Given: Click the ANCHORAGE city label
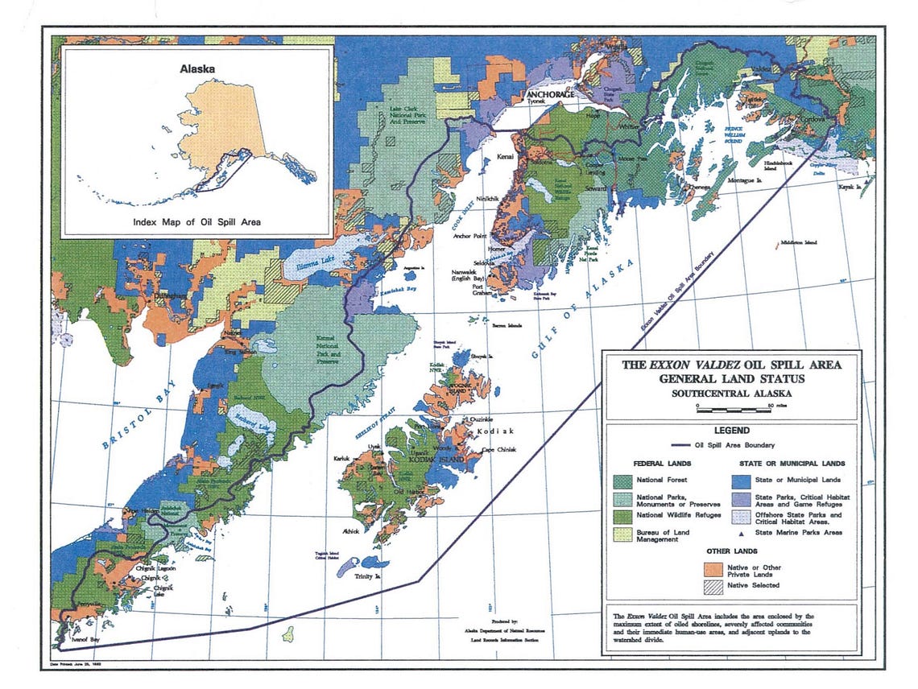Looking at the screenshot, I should click(x=552, y=94).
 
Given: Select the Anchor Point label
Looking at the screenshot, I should click(x=474, y=236).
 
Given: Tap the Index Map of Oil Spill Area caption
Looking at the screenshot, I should click(x=196, y=221).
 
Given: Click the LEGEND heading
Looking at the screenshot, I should click(x=731, y=431).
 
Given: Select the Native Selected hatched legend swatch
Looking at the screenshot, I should click(x=715, y=585).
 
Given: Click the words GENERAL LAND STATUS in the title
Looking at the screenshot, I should click(x=731, y=378).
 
